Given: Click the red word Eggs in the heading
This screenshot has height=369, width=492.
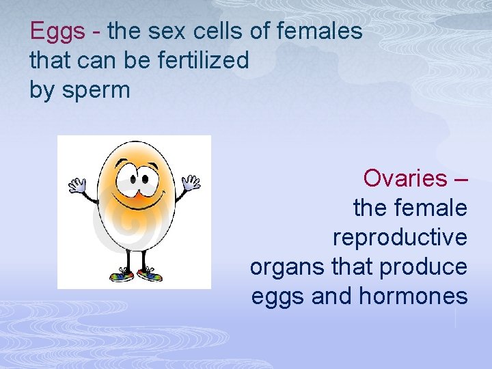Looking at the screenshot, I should (x=57, y=31).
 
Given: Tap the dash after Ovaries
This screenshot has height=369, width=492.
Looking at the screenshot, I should (x=461, y=179).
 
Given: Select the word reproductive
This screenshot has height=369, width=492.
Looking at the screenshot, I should (x=400, y=238).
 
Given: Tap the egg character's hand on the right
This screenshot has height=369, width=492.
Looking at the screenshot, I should (x=191, y=182).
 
